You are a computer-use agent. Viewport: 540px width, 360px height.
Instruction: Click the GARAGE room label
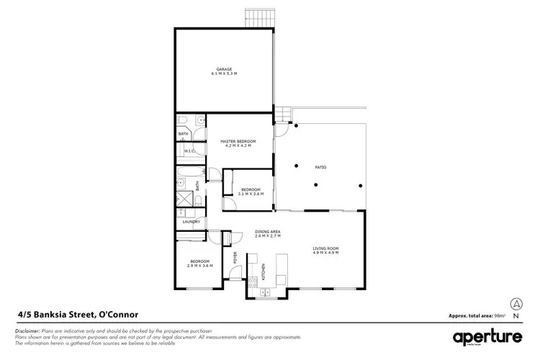(224, 70)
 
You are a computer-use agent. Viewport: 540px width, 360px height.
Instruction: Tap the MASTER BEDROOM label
(238, 142)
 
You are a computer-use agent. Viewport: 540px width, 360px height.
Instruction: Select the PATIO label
(320, 168)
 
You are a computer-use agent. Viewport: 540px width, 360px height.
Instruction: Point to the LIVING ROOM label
(325, 248)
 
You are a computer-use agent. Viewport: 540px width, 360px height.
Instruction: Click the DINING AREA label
(267, 232)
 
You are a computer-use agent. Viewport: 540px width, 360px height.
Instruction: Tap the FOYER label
(234, 256)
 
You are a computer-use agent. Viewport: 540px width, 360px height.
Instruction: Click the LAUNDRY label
(191, 222)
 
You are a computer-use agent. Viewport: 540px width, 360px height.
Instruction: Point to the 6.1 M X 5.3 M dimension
(224, 74)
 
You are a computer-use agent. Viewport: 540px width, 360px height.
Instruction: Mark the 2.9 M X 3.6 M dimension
(199, 266)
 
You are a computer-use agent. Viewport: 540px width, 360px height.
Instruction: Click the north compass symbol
(516, 305)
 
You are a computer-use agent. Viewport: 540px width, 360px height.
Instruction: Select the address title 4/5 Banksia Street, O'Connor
(78, 315)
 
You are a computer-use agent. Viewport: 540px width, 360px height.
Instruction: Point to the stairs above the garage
(256, 17)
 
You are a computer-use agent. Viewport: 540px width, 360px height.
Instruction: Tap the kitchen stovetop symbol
(253, 284)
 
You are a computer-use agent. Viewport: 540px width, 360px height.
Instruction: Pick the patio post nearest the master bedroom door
(295, 127)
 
